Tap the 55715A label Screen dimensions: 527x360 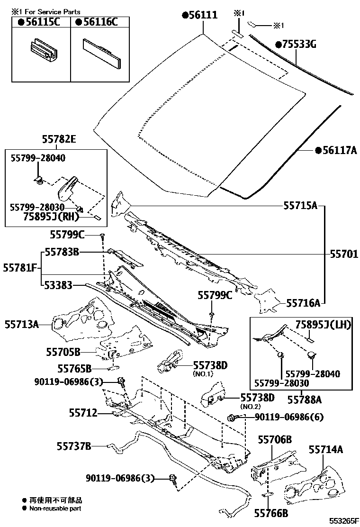(300, 206)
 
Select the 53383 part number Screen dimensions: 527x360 (58, 285)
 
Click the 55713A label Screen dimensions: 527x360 (22, 324)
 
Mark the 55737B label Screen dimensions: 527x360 (73, 445)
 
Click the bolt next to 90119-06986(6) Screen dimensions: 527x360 (232, 417)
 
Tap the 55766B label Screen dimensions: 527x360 (271, 513)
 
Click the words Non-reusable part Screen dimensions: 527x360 (55, 509)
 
